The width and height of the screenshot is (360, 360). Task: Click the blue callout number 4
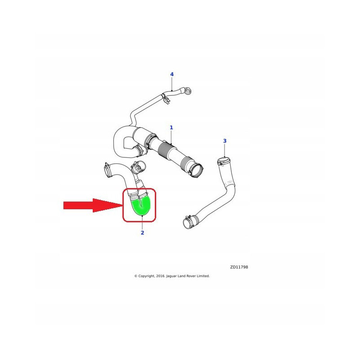172,74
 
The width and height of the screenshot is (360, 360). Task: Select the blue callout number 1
171,127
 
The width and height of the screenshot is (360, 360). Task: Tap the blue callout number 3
225,141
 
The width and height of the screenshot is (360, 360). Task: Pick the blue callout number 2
142,233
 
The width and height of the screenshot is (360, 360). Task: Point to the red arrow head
108,205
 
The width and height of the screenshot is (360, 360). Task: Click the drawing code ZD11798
239,267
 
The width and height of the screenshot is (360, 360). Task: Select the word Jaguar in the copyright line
171,276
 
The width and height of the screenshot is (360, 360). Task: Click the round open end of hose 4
188,91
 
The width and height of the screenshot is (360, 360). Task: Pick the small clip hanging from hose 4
167,100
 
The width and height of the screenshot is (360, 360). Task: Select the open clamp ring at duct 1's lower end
197,170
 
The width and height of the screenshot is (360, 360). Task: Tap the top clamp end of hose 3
224,161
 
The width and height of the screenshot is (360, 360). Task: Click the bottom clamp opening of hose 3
188,223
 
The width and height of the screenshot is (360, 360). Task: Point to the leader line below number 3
225,150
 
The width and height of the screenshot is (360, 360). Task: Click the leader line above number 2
142,222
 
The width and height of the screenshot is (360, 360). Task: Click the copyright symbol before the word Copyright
136,276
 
